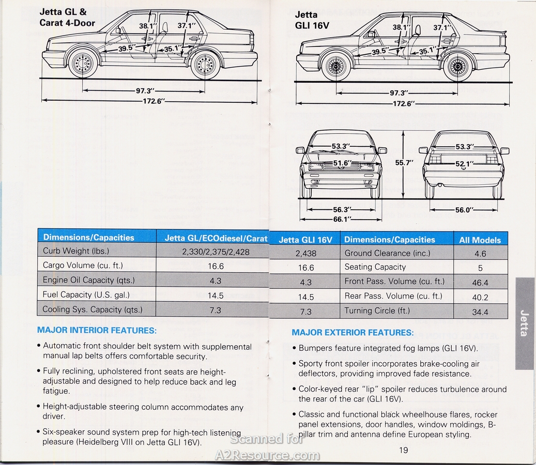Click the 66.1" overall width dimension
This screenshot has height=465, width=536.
pos(343,220)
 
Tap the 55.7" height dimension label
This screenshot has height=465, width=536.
pos(404,163)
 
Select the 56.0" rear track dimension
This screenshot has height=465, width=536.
pos(464,210)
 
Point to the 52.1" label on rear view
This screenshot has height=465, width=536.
pos(465,164)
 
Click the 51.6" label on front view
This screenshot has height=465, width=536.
pos(343,163)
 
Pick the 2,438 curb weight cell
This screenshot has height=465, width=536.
pos(306,253)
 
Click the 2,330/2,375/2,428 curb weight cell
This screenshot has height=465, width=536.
pos(216,252)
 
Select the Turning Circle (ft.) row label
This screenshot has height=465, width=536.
pos(377,311)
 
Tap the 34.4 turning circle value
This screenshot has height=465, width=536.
pos(480,312)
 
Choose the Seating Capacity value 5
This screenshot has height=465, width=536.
pos(480,268)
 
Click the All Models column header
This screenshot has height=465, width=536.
pos(480,240)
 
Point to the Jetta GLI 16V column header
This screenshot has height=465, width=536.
pos(305,240)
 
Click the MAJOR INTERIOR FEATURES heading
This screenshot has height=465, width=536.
pos(97,330)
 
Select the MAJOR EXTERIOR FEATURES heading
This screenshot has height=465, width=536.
pos(353,332)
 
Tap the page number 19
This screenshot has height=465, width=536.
pos(403,450)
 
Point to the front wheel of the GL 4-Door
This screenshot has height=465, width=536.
pos(82,63)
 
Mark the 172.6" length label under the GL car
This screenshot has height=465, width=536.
pos(154,101)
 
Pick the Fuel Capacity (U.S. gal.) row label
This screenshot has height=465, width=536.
pos(86,295)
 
